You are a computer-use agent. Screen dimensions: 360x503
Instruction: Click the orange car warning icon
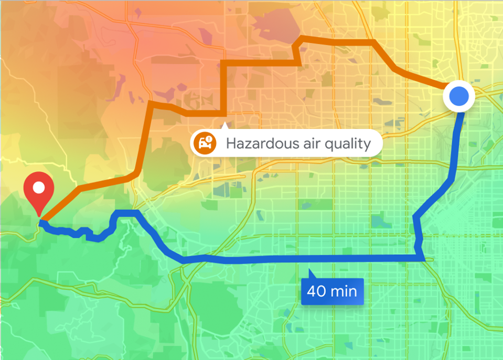pos(204,143)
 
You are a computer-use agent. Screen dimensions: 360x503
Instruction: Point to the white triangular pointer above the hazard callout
pos(225,126)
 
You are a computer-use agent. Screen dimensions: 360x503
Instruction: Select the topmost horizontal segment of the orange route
pos(336,40)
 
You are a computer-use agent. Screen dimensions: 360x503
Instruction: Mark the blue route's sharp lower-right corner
pos(423,257)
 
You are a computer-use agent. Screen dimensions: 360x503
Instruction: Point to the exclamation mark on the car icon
pos(209,139)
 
